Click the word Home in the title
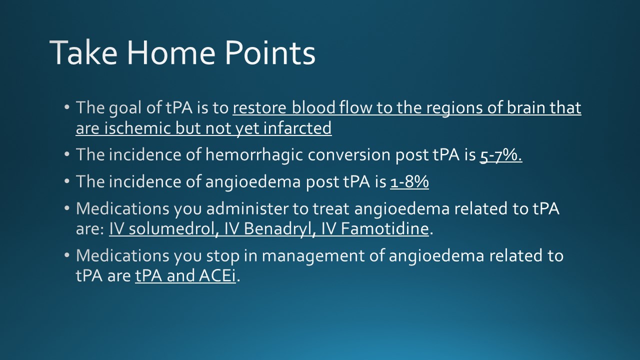coord(171,52)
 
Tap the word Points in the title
coord(270,52)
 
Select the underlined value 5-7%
coord(501,155)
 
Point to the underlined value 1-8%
coord(409,181)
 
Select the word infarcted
coord(297,127)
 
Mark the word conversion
coord(349,155)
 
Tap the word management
coord(313,256)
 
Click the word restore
coord(259,108)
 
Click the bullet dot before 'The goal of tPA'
coord(67,107)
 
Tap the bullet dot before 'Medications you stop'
coord(67,255)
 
